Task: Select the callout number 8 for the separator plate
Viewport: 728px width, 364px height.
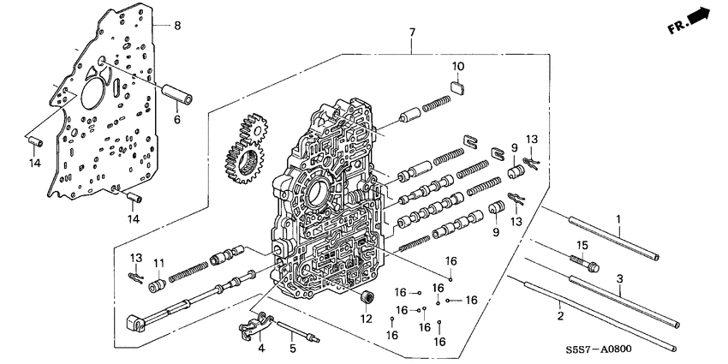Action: [177, 27]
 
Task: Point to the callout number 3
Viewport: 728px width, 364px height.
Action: [620, 278]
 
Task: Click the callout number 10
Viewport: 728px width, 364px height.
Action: [458, 67]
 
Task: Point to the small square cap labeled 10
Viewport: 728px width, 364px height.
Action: [458, 84]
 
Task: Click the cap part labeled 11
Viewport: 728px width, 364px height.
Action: [158, 284]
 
